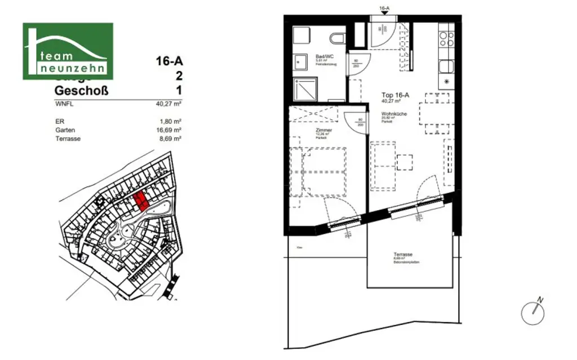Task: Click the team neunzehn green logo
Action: pos(68,51)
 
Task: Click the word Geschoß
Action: pos(82,91)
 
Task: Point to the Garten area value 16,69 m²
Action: pos(169,130)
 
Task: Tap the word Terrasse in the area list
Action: pos(68,139)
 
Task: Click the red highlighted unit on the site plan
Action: pos(140,200)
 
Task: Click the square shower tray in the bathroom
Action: pos(303,90)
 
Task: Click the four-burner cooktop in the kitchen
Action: pos(447,39)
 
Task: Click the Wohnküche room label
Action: pos(391,113)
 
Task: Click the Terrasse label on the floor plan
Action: pos(403,255)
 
